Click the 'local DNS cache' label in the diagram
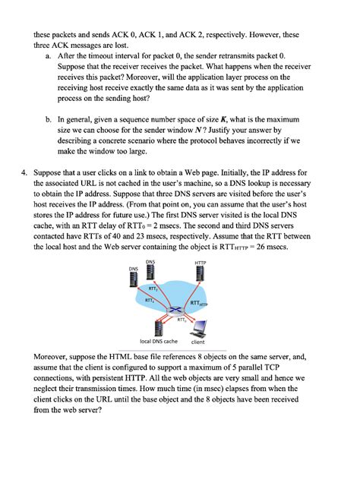click(156, 342)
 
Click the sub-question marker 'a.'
click(49, 55)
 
